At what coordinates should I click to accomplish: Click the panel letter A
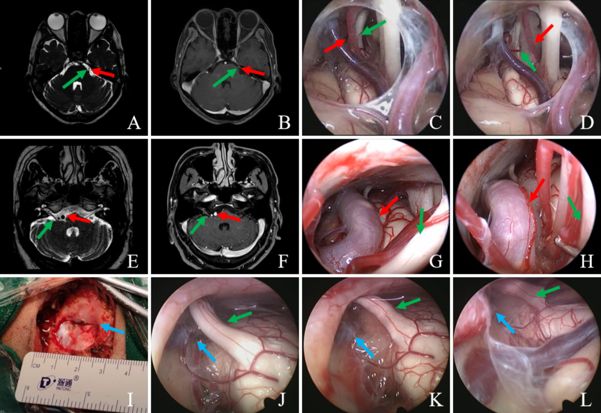point(133,122)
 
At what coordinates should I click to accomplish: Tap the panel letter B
point(284,122)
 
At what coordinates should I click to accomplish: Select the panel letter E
point(133,260)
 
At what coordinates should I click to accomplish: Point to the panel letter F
point(284,260)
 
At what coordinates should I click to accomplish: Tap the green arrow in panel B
point(224,77)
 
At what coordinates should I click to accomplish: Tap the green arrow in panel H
point(574,208)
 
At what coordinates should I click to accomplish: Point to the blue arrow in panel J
point(206,351)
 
